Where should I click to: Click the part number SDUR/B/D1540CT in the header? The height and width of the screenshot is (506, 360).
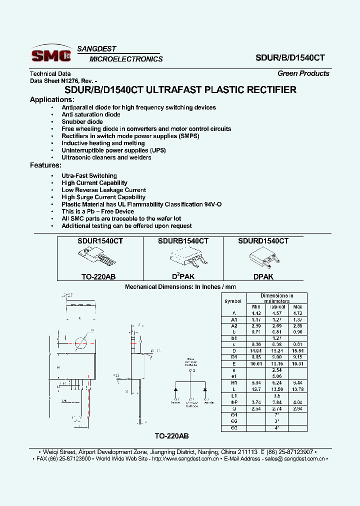pos(291,57)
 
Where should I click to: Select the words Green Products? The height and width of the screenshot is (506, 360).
pos(303,73)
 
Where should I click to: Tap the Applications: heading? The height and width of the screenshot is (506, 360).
pos(52,99)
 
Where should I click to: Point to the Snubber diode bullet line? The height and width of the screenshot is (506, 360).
pos(82,121)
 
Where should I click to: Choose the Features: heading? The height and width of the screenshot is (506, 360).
pos(45,165)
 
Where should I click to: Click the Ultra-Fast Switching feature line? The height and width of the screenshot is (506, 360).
pos(89,176)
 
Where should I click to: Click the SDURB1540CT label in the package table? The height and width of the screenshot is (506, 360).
pos(183,241)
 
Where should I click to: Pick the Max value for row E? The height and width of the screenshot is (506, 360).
pos(297,363)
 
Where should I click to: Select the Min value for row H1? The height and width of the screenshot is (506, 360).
pos(256,382)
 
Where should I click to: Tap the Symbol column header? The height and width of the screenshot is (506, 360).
pos(232,301)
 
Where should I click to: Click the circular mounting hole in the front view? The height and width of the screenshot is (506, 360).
pos(80,343)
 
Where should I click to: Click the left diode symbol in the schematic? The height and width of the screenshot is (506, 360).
pos(176,389)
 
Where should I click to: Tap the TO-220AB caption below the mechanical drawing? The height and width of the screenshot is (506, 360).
pos(171,435)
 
